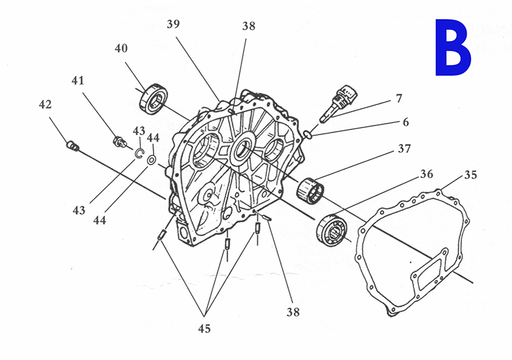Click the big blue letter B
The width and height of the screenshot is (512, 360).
click(x=453, y=47)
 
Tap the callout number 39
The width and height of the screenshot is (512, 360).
click(x=173, y=24)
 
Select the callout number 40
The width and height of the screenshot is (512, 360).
click(x=121, y=48)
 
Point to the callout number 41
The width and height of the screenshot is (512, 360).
click(x=77, y=80)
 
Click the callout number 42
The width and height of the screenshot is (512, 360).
click(x=45, y=104)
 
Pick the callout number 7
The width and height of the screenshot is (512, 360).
click(x=399, y=99)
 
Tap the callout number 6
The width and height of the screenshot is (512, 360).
click(x=406, y=122)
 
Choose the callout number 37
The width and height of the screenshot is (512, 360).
click(x=404, y=149)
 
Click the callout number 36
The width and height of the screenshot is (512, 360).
click(x=426, y=174)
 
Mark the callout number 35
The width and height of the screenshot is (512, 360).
click(x=470, y=175)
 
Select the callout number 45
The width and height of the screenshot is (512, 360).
click(x=204, y=329)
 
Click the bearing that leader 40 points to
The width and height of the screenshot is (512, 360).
click(x=153, y=99)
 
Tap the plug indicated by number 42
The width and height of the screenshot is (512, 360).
click(x=73, y=145)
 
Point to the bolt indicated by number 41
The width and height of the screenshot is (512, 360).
click(x=120, y=142)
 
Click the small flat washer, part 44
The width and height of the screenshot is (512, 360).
click(x=152, y=160)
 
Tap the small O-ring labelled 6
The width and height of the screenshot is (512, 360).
click(x=306, y=134)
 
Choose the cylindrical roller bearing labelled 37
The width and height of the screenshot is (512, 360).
click(x=310, y=191)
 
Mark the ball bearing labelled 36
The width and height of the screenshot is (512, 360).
click(x=332, y=230)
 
